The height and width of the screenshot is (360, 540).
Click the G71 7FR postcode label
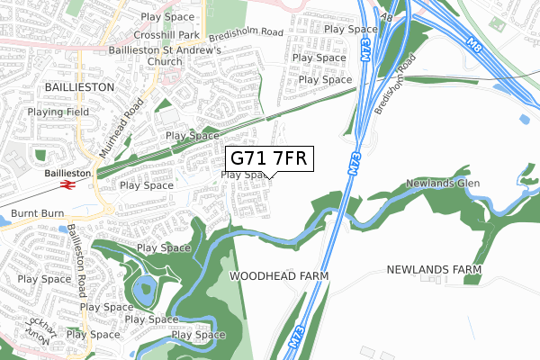click(269, 158)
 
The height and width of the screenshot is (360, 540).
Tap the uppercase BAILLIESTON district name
click(79, 87)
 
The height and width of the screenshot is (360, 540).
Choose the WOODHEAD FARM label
click(279, 274)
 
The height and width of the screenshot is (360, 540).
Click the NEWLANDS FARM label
click(434, 269)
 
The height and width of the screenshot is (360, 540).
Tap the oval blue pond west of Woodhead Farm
click(144, 291)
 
